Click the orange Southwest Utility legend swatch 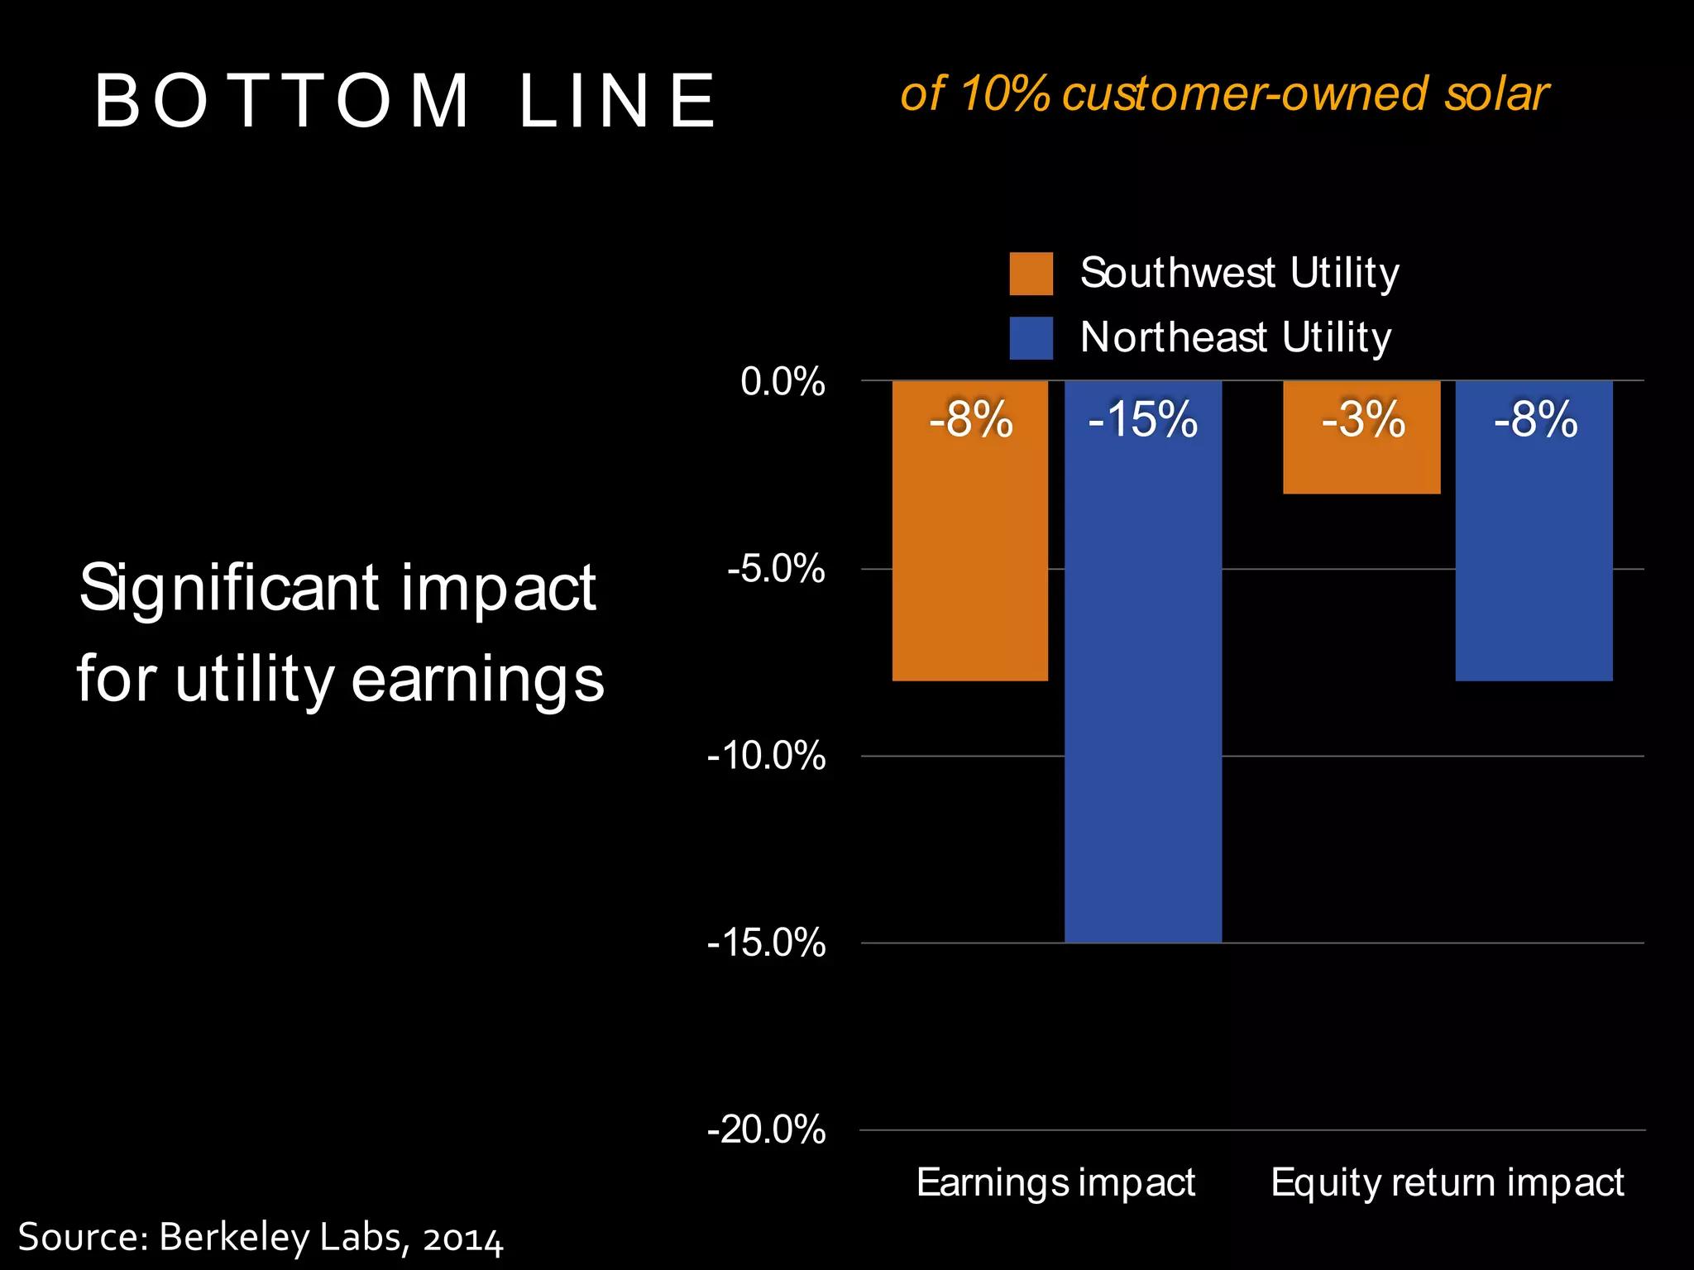[x=1031, y=274]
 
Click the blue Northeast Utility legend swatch [x=1031, y=338]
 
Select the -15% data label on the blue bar [x=1142, y=419]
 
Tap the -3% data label [x=1362, y=419]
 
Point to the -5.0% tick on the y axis [x=776, y=569]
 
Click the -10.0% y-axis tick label [x=766, y=756]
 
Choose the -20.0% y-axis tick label [x=766, y=1129]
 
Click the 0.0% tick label [x=782, y=382]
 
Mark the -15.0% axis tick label [x=766, y=943]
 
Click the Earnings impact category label [x=1055, y=1182]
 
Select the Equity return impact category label [x=1447, y=1182]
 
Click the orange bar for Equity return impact [x=1361, y=463]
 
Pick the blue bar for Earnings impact [x=1142, y=703]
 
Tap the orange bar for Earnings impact [x=970, y=562]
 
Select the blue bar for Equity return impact [x=1534, y=562]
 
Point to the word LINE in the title [x=617, y=101]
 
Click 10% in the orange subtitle [x=1004, y=93]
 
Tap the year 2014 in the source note [x=462, y=1239]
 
